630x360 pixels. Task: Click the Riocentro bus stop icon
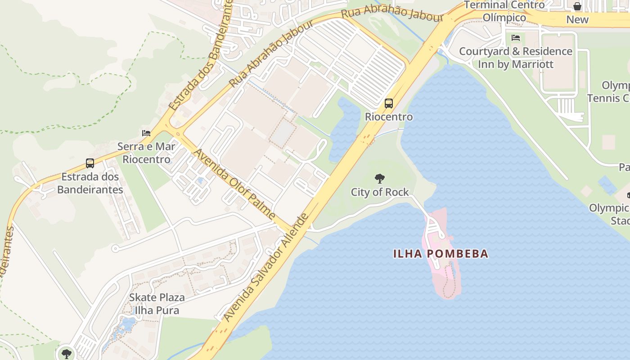(x=389, y=103)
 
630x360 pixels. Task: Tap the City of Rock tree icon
(x=380, y=179)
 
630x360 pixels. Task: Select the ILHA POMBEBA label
(x=441, y=253)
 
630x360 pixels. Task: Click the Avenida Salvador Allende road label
(x=266, y=267)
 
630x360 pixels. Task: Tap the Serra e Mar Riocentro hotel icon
(x=146, y=133)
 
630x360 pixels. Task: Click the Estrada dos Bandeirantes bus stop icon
(x=90, y=163)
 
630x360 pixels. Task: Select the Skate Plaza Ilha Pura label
(x=157, y=304)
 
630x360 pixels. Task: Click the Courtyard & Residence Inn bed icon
(x=516, y=38)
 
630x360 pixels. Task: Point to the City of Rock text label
(x=380, y=192)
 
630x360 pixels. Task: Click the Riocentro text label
(x=389, y=117)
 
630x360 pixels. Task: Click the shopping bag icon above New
(x=577, y=6)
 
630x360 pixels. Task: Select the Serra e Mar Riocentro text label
(x=147, y=153)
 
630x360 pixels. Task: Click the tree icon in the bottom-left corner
(x=67, y=354)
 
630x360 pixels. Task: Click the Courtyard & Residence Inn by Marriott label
(x=516, y=58)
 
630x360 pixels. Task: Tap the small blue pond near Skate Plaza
(x=126, y=325)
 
